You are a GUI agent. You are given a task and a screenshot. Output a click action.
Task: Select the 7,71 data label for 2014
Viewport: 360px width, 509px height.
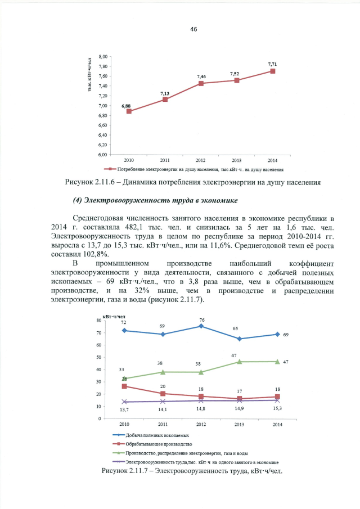(272, 64)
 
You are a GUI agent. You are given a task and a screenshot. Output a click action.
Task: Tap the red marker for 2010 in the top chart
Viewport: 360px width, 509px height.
(129, 111)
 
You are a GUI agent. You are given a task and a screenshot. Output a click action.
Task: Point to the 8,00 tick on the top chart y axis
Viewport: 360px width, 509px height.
(103, 57)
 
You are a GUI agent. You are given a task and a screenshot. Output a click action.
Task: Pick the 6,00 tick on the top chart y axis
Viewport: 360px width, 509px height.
(103, 154)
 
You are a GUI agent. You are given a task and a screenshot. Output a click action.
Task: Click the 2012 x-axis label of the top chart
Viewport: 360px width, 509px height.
(201, 160)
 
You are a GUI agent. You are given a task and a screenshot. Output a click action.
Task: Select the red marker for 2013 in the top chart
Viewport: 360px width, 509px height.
(237, 80)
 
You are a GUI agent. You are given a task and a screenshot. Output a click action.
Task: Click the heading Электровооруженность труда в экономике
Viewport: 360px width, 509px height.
(148, 201)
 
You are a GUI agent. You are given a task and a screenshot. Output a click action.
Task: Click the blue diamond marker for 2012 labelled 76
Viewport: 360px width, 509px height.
(201, 326)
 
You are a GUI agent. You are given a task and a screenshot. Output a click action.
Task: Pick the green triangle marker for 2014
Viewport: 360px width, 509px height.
(277, 362)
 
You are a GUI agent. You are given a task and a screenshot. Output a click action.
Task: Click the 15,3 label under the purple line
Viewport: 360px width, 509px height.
(277, 408)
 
